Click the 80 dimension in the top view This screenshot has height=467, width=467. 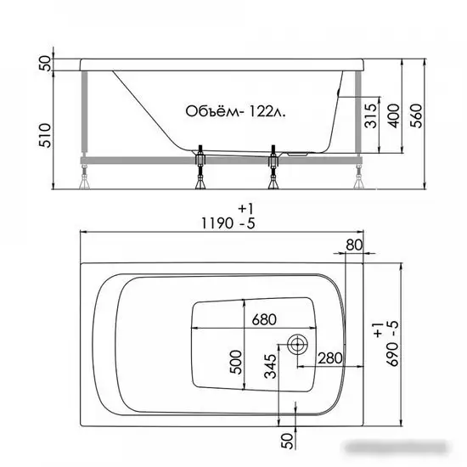coord(354,246)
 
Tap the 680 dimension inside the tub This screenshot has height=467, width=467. coord(266,320)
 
